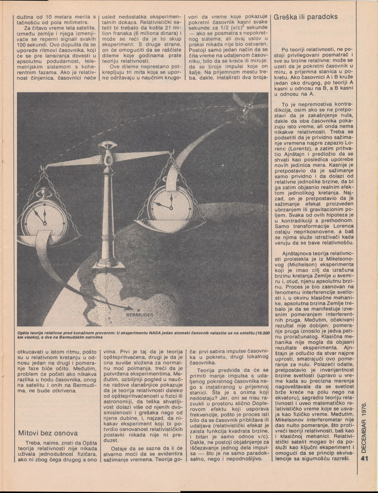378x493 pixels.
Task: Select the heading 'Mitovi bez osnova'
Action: (x=48, y=433)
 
